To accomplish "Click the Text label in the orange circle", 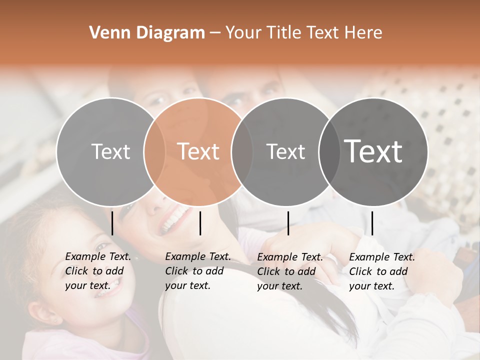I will point(198,151).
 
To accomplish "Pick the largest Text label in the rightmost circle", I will point(373,151).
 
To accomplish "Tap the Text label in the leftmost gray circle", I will point(110,151).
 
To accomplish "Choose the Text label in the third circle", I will point(285,151).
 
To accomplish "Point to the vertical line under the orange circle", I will point(200,223).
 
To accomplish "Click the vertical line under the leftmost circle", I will point(112,223).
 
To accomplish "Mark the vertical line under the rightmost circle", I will point(372,223).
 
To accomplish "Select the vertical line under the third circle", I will point(288,223).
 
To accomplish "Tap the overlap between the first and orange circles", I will point(154,152).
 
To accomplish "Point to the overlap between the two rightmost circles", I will point(329,152).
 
